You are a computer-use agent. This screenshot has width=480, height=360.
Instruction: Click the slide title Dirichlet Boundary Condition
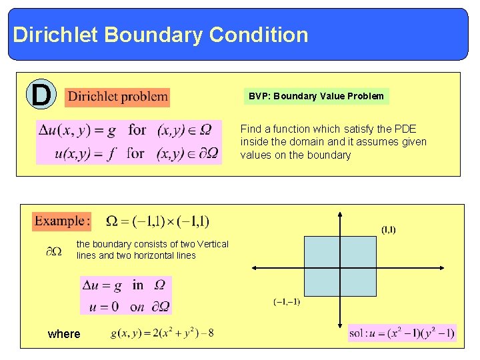160,35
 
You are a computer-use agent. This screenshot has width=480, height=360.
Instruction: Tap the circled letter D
41,95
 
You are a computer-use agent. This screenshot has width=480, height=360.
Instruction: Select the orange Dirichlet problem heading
118,97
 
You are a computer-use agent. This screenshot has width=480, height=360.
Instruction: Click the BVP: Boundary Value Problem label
316,96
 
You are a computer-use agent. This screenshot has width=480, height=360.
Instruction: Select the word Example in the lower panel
61,221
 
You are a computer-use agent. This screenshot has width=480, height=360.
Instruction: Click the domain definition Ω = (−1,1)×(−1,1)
157,221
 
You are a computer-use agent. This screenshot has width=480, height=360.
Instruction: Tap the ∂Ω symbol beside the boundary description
54,251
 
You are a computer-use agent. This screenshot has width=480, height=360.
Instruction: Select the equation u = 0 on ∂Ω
125,307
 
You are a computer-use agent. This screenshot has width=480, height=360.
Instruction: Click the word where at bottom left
64,334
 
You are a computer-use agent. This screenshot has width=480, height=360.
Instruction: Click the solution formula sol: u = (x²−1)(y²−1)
402,333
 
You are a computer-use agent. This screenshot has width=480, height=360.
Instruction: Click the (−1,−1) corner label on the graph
287,302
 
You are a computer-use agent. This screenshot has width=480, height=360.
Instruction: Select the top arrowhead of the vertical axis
340,215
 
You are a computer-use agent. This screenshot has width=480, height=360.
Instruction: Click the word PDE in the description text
406,129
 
